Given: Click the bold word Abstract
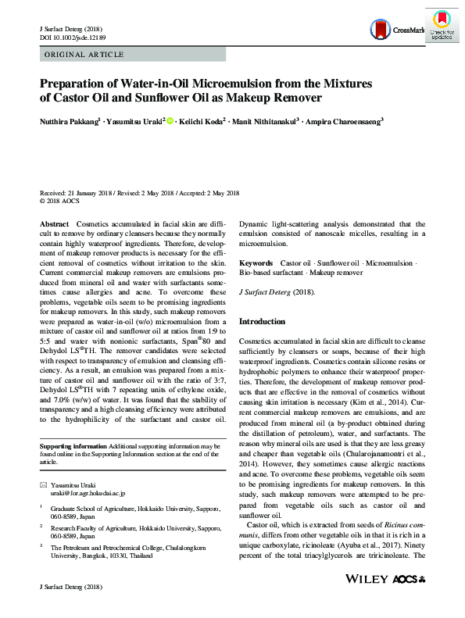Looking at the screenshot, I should coord(54,223).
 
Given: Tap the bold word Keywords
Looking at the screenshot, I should coord(256,263).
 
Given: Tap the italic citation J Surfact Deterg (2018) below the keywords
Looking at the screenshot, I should coord(275,291).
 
